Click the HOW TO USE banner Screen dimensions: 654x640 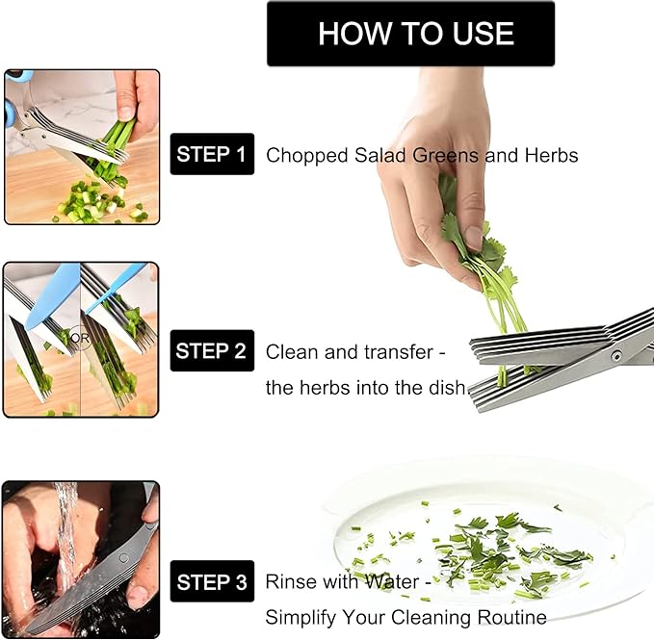[411, 34]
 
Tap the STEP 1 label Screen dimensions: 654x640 [212, 154]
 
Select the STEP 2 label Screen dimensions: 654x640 [212, 351]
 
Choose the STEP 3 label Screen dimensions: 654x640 [212, 581]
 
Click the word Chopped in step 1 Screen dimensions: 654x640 [307, 156]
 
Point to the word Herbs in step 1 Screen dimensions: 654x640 [551, 155]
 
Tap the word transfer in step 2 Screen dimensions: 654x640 [399, 352]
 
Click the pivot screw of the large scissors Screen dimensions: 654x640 [615, 356]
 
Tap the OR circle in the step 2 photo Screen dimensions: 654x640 [80, 338]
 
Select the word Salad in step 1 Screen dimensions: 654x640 [379, 155]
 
